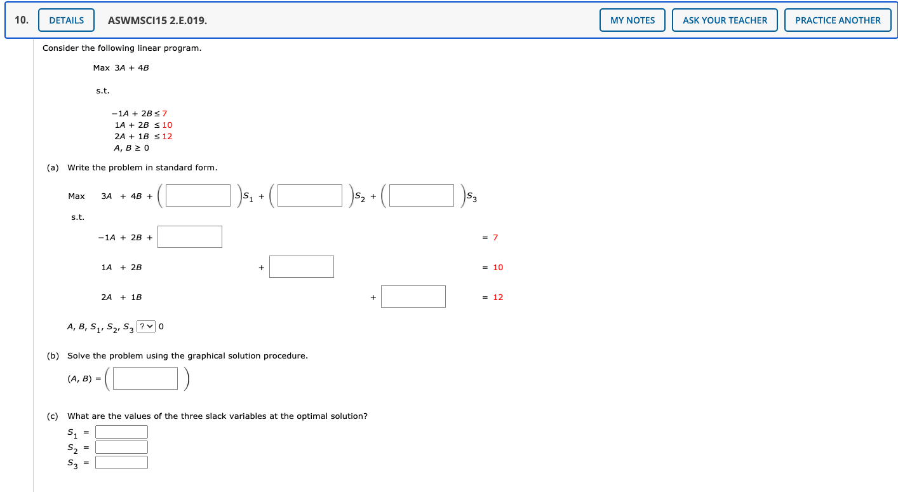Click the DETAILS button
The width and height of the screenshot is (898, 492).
pyautogui.click(x=66, y=20)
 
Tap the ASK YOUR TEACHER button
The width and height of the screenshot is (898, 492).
pyautogui.click(x=725, y=20)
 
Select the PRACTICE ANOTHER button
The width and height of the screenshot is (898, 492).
pyautogui.click(x=838, y=20)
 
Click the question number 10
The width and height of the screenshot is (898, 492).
pyautogui.click(x=22, y=20)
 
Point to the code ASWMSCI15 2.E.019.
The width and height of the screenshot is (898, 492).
pyautogui.click(x=157, y=20)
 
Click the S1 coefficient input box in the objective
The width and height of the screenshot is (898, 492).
pyautogui.click(x=198, y=196)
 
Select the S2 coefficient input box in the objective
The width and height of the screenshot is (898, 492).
pyautogui.click(x=310, y=196)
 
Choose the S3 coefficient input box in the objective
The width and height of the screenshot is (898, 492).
pyautogui.click(x=422, y=196)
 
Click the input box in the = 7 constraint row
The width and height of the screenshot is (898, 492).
pyautogui.click(x=190, y=237)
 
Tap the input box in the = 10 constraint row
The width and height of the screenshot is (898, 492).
pyautogui.click(x=302, y=267)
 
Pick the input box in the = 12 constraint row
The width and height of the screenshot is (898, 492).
pyautogui.click(x=413, y=297)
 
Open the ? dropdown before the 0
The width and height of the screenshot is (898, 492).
pyautogui.click(x=146, y=327)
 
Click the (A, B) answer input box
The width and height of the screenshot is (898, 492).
pyautogui.click(x=146, y=379)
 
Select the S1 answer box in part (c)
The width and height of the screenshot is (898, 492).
pyautogui.click(x=121, y=432)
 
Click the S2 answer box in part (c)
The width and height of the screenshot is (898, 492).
pyautogui.click(x=121, y=448)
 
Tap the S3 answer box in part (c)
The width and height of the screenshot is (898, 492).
pyautogui.click(x=121, y=463)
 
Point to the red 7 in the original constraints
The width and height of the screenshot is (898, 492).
pyautogui.click(x=164, y=114)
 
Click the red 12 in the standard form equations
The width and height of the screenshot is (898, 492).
pyautogui.click(x=498, y=297)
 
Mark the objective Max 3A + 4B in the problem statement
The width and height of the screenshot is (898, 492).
pyautogui.click(x=121, y=67)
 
